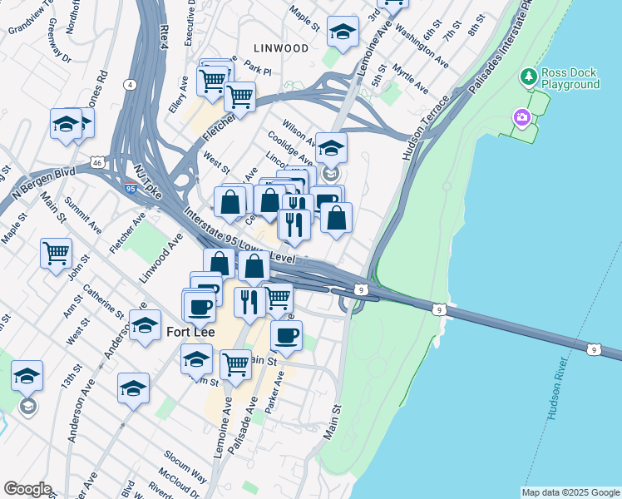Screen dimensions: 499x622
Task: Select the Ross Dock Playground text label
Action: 570,79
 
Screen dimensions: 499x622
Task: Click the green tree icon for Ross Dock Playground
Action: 527,77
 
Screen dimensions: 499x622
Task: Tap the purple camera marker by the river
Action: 522,117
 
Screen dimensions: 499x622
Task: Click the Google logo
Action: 27,489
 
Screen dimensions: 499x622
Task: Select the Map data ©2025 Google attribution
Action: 570,492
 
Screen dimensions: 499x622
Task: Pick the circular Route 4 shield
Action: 131,84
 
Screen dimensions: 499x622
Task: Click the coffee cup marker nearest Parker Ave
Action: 286,335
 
